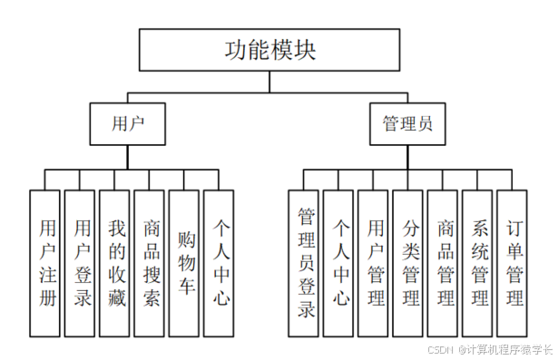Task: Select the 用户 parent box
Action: click(x=127, y=122)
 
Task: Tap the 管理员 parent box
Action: click(x=407, y=122)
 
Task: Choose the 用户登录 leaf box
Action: click(x=80, y=263)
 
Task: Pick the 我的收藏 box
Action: click(x=114, y=263)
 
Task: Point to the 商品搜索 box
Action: click(x=150, y=263)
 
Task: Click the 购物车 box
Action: click(x=184, y=263)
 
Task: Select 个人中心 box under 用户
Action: click(x=220, y=263)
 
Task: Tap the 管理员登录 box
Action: click(x=303, y=263)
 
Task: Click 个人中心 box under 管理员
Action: click(x=338, y=263)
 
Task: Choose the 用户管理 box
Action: click(x=373, y=263)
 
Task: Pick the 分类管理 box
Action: click(x=408, y=263)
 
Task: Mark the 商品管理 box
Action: click(x=443, y=263)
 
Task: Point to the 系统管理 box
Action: click(x=478, y=263)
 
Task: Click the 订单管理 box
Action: click(x=513, y=263)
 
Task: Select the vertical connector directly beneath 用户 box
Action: click(x=127, y=156)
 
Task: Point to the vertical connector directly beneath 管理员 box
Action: click(x=407, y=156)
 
